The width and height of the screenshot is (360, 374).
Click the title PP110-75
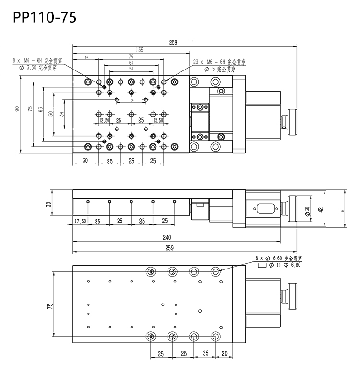(x=44, y=18)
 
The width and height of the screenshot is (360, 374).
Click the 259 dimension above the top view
(x=173, y=42)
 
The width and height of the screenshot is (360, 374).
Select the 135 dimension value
(x=140, y=49)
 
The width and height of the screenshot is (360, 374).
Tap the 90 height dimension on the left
(x=17, y=109)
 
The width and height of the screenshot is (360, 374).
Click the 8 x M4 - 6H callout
(x=35, y=61)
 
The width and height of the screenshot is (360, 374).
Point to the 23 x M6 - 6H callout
(x=219, y=62)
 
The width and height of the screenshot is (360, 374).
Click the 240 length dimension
(x=167, y=237)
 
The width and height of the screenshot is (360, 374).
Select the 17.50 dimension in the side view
(x=81, y=221)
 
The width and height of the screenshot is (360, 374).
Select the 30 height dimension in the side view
(x=48, y=204)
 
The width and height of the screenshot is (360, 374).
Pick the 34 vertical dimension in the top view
(x=61, y=114)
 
